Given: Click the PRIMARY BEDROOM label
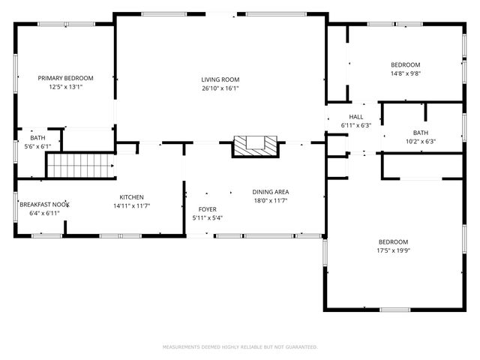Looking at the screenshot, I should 66,78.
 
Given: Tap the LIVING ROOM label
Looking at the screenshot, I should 220,79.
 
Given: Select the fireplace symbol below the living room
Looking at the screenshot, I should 254,145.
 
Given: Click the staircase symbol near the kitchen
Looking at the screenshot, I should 79,163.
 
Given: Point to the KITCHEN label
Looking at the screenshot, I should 132,197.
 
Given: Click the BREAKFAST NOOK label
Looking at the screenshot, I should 44,205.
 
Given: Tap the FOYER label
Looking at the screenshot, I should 207,209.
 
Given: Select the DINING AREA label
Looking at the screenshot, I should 271,191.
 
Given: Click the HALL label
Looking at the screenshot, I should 356,117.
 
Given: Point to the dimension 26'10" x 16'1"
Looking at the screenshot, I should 220,88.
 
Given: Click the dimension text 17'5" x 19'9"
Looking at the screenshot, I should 394,250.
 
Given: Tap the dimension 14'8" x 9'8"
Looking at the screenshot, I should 406,73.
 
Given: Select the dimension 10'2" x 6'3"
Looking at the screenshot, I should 421,141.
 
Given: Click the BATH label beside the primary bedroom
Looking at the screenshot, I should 37,138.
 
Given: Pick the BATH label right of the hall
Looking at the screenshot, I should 421,133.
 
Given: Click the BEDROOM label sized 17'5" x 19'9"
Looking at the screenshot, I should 393,241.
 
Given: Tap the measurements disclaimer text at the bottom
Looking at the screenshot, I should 240,347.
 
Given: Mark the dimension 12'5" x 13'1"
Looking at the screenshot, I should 66,87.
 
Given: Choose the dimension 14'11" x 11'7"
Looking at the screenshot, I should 132,205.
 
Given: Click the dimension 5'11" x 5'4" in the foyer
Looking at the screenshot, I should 207,217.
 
